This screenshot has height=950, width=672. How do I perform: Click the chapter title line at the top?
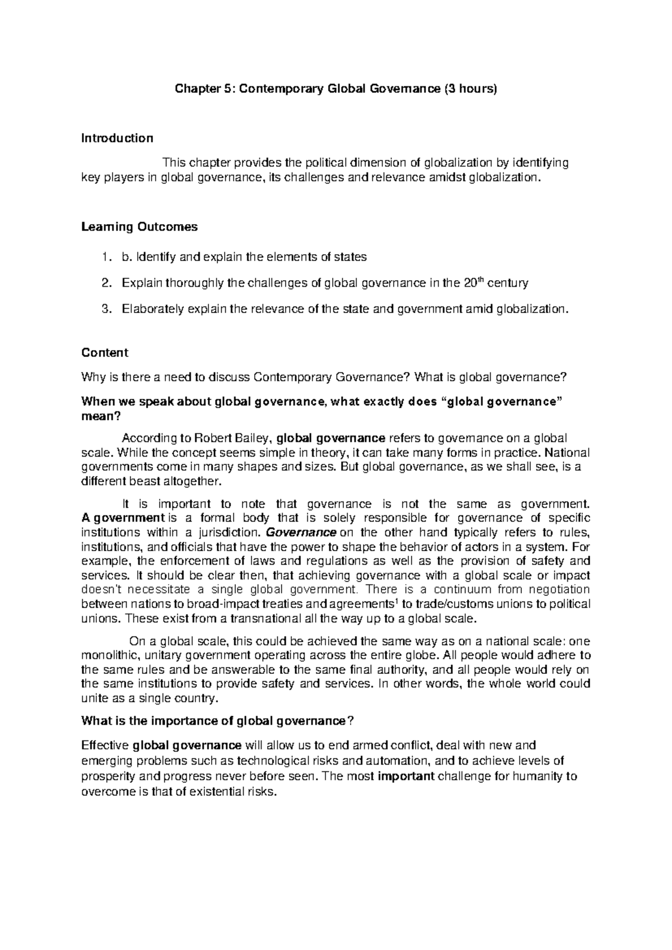[x=336, y=89]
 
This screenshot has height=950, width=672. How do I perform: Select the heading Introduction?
[x=117, y=138]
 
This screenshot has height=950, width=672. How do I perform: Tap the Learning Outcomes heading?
[x=139, y=227]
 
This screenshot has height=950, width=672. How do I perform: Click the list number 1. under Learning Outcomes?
[x=106, y=257]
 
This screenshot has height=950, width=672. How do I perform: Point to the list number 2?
[x=106, y=283]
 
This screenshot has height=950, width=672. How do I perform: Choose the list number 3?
[x=106, y=309]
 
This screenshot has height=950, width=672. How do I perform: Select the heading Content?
[x=105, y=353]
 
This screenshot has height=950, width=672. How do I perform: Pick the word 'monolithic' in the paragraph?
[x=110, y=655]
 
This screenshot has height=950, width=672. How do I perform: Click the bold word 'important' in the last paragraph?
[x=406, y=777]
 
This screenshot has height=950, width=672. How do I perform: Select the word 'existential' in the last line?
[x=218, y=792]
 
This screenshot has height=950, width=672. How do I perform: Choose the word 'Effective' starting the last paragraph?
[x=105, y=746]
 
